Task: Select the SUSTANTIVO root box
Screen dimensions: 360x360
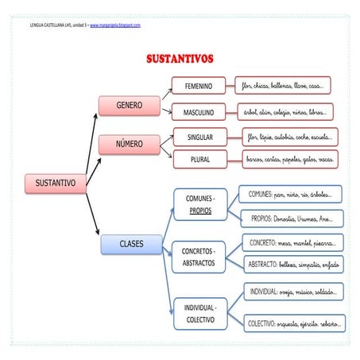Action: pos(55,183)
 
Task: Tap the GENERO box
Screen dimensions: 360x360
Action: pos(129,106)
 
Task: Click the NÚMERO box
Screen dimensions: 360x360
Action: pos(129,145)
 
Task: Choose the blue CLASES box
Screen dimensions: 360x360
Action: pos(131,244)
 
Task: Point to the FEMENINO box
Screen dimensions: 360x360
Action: pos(199,86)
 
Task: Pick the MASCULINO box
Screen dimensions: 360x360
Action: pos(199,113)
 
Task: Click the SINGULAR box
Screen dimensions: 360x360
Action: pos(199,137)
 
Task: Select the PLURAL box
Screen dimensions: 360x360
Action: pos(199,159)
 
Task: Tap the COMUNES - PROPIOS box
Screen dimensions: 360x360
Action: pos(199,205)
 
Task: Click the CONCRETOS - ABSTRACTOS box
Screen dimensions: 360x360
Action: pos(199,257)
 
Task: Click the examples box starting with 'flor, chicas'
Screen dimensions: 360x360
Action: pos(283,85)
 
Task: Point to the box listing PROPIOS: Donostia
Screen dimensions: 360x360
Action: pos(291,218)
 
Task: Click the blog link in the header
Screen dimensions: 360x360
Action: pos(115,25)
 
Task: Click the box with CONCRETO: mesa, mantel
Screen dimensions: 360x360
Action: pos(291,242)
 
